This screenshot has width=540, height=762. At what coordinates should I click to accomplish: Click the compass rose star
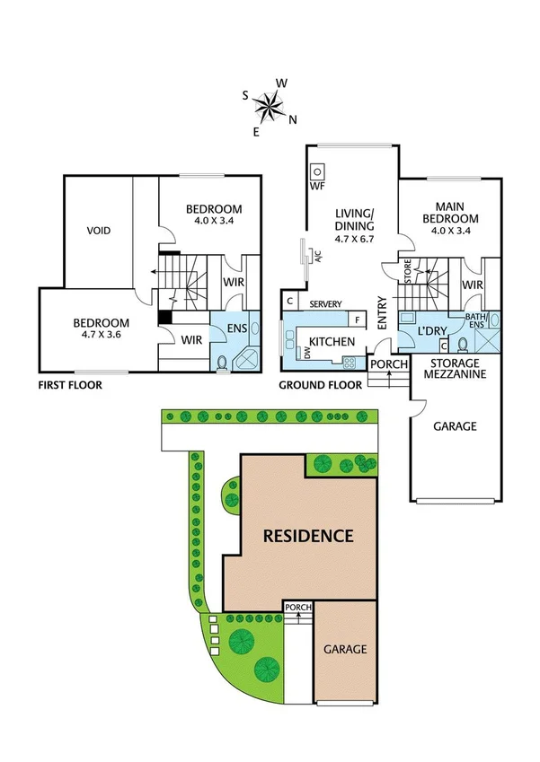(268, 108)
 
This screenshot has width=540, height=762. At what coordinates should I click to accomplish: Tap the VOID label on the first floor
(99, 231)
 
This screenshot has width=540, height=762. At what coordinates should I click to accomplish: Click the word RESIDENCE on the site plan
(307, 537)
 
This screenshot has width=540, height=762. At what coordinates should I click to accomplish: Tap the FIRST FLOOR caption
(70, 385)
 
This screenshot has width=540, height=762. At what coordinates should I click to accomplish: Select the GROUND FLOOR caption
(321, 385)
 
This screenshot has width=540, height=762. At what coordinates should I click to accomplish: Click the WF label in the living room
(316, 187)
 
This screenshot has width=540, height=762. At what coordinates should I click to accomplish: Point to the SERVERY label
(324, 304)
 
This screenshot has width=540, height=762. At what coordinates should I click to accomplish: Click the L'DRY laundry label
(433, 332)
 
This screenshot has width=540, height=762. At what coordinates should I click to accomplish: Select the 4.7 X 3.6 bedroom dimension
(101, 335)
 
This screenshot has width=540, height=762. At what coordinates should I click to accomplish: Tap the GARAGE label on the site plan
(345, 649)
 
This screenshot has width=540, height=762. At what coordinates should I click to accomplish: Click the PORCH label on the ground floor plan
(389, 363)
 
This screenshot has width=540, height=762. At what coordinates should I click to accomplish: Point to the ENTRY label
(382, 314)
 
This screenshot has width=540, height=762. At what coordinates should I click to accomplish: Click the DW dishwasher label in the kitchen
(307, 355)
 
